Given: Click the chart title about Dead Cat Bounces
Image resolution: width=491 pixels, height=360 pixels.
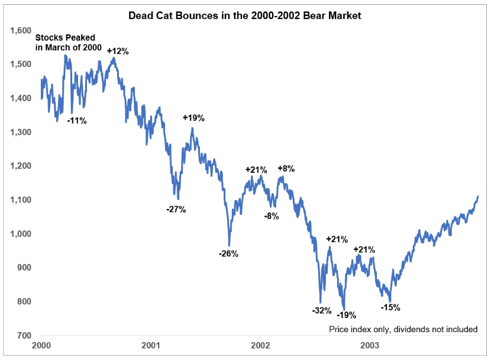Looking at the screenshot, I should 245,15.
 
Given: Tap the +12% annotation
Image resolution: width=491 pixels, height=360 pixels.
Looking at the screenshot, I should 118,51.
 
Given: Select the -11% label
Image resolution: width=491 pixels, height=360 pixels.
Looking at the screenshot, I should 77,121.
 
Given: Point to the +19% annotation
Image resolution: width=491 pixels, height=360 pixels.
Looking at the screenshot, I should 193,118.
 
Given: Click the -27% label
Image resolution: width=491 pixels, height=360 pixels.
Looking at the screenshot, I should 176,209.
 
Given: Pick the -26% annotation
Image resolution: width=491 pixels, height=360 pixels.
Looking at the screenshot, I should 228,254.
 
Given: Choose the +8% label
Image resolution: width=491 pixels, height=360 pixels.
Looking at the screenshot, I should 286,169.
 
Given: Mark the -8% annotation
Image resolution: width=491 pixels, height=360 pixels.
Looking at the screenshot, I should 271,216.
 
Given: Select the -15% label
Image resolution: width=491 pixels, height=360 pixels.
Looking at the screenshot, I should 391,307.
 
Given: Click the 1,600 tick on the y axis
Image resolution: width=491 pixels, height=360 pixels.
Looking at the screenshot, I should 20,30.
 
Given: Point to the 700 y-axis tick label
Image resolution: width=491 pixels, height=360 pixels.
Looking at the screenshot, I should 24,336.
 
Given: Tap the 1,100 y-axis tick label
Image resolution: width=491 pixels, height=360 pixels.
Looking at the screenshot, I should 20,200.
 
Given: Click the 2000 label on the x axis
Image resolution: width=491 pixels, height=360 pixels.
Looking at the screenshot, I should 41,344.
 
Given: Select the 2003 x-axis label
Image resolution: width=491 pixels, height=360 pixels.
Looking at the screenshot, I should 370,344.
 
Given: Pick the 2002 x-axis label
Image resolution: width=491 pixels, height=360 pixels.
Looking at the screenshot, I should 261,344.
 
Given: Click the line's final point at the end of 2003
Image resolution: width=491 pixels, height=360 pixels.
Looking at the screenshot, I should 478,196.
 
